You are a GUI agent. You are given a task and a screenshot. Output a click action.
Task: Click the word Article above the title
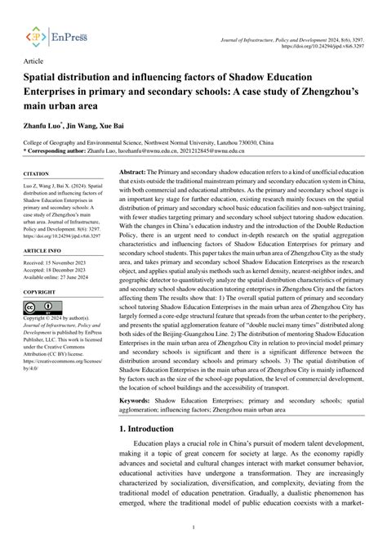33,61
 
